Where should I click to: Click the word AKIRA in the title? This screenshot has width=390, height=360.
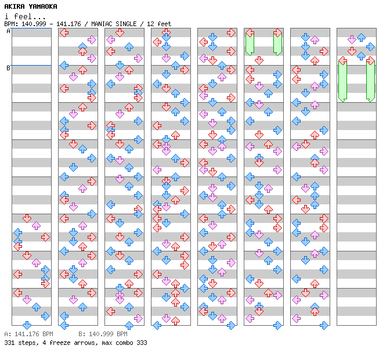(15, 6)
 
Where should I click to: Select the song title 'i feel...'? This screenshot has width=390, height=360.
(25, 16)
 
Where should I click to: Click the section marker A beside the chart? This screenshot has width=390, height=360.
(8, 31)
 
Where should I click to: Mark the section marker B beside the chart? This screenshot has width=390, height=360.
(8, 69)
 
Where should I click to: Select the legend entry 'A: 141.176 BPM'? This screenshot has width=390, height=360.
(28, 334)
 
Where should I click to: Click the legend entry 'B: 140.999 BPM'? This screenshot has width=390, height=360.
(103, 334)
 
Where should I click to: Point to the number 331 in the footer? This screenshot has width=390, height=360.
(9, 343)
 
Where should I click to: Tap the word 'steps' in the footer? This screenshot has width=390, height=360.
(27, 343)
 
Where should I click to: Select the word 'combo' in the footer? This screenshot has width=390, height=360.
(122, 343)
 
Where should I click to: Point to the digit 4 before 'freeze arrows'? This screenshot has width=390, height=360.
(42, 343)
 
